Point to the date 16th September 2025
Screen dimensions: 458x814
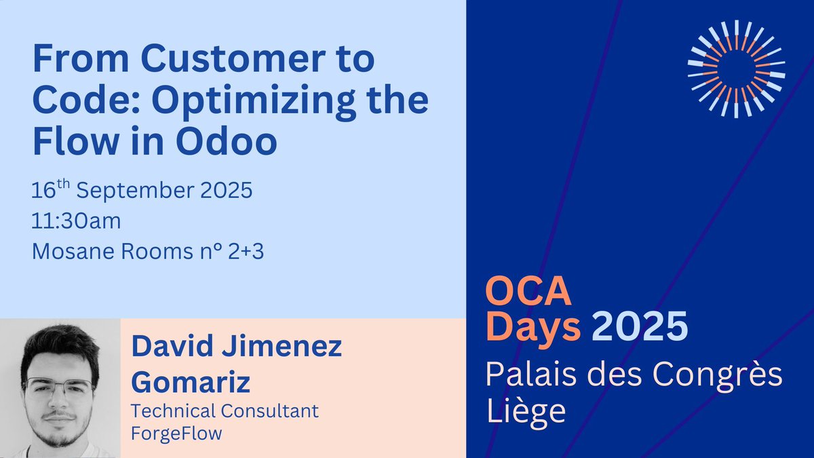pyautogui.click(x=142, y=190)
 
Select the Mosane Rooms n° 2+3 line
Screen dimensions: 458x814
pyautogui.click(x=147, y=252)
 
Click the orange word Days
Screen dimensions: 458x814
pyautogui.click(x=533, y=328)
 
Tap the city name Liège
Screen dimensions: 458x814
pyautogui.click(x=526, y=411)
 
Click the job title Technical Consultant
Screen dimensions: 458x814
pyautogui.click(x=225, y=411)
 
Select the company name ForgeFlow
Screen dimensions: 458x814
pyautogui.click(x=176, y=433)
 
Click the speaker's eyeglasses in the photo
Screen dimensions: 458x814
pyautogui.click(x=59, y=388)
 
